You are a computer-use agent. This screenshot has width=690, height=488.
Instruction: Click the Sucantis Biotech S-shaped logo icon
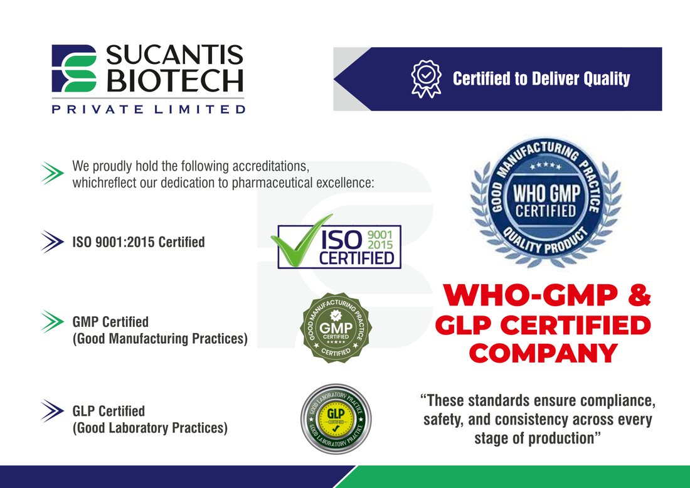pos(74,68)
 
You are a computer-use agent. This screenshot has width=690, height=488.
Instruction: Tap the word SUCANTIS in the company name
pos(175,55)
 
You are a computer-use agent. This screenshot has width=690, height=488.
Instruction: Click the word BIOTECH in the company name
pos(175,81)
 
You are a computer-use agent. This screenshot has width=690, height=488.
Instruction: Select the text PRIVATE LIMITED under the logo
pos(148,109)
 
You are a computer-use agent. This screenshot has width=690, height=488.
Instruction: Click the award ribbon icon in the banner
pos(426,79)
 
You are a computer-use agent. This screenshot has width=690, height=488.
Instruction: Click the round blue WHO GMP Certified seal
pos(546,203)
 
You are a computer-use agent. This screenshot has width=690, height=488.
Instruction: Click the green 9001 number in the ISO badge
pos(379,235)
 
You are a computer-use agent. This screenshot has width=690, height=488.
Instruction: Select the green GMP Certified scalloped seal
pos(336,328)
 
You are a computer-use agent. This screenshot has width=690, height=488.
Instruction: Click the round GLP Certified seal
pos(336,418)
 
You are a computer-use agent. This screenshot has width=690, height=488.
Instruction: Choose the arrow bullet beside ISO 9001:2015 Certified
pos(52,242)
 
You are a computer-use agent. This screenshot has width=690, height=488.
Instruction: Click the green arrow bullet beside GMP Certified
pos(52,322)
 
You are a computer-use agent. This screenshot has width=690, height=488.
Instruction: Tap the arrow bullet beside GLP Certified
pos(52,411)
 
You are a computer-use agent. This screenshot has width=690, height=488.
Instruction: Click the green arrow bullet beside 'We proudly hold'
pos(52,173)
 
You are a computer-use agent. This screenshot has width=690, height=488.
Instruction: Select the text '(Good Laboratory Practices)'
pos(150,428)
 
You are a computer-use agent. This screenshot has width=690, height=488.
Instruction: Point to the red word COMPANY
pos(543,353)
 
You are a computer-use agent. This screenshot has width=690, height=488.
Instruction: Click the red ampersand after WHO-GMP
pos(639,295)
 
